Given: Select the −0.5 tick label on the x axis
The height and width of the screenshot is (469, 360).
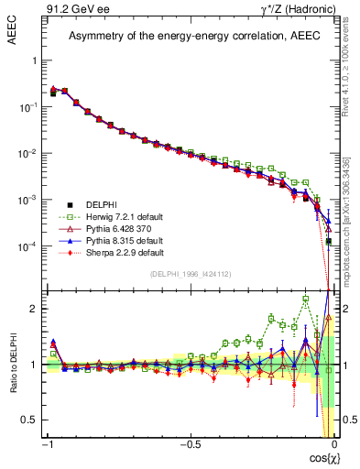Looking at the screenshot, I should coord(190,444).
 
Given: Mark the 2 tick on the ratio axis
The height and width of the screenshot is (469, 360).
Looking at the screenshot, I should coord(33,309).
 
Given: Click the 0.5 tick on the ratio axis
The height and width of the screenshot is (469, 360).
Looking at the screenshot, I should coord(29,420).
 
